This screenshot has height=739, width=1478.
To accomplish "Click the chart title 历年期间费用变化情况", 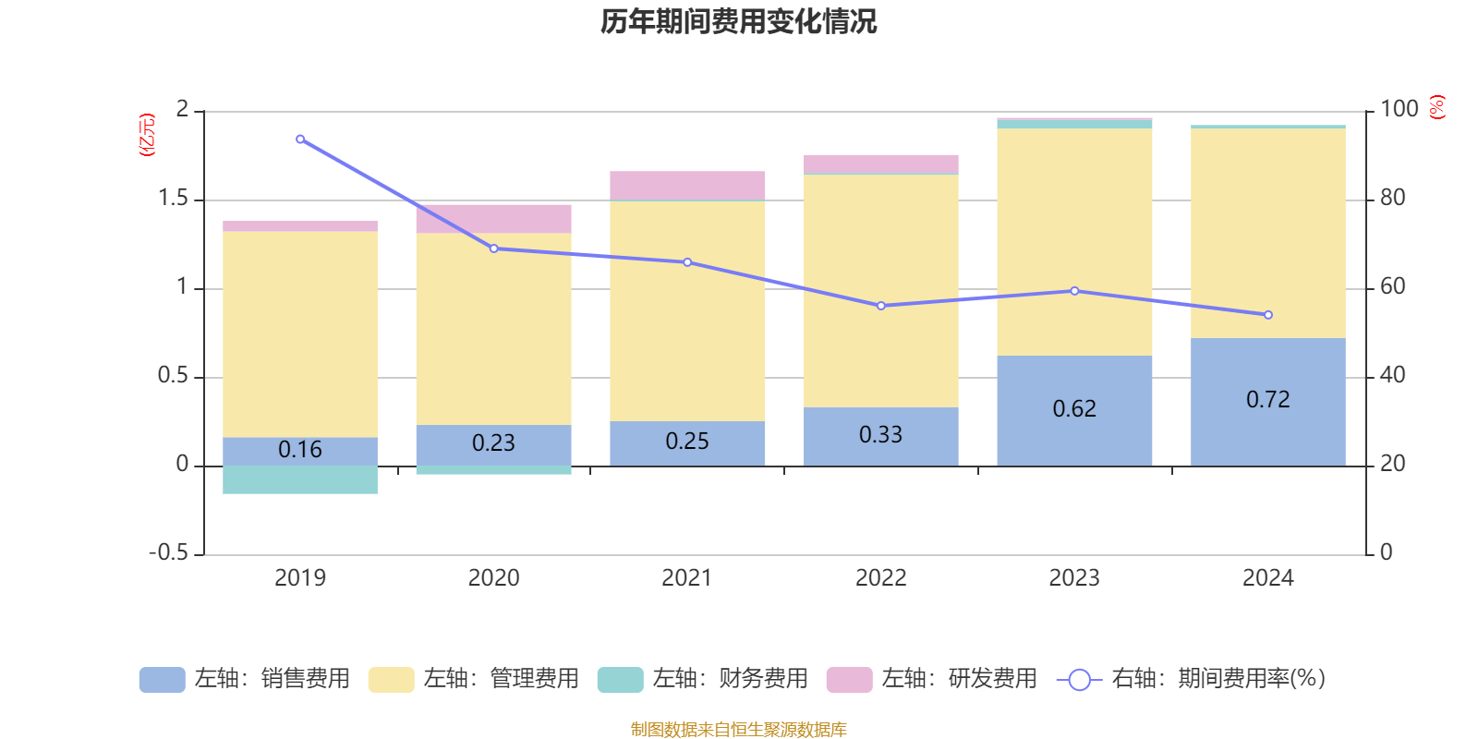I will pos(738,21).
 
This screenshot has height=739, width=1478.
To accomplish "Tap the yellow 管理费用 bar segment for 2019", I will pos(300,333).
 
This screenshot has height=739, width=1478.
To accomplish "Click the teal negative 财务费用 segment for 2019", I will pos(300,479).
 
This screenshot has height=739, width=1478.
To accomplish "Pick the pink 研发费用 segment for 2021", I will pos(687,185).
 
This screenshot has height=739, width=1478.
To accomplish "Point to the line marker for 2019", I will pos(300,139).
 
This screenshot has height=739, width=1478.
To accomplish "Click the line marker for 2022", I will pos(880,306).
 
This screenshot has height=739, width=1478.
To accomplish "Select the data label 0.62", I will pos(1074,408).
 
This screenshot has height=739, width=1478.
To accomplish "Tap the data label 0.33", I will pos(880,434).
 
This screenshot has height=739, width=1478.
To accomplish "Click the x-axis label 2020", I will pos(493,577).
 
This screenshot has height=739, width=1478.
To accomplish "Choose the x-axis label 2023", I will pos(1074,577).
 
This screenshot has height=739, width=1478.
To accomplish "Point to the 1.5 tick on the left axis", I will pos(173,199).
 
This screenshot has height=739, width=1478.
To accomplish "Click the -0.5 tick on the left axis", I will pos(168,552).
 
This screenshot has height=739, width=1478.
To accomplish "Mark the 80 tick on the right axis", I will pos(1393,198).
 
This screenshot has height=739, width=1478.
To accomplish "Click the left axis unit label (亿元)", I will pos(146,135).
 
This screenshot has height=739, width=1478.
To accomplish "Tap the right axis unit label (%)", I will pos(1437,107).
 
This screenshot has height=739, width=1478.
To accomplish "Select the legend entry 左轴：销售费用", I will pos(245,679).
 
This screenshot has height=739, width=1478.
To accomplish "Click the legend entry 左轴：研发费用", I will pos(932,679).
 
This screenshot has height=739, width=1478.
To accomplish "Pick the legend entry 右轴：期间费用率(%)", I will pos(1192,679).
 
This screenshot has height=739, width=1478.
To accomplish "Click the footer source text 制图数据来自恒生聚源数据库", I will pos(738,730).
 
